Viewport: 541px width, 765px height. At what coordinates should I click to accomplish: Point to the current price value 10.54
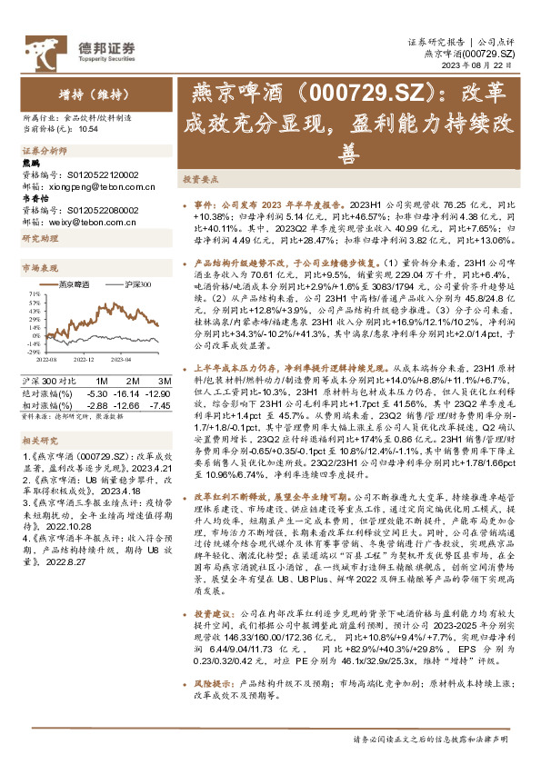click(x=88, y=128)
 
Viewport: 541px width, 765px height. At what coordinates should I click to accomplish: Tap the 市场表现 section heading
click(x=40, y=269)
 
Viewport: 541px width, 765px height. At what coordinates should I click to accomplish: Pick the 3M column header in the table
click(x=165, y=380)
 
